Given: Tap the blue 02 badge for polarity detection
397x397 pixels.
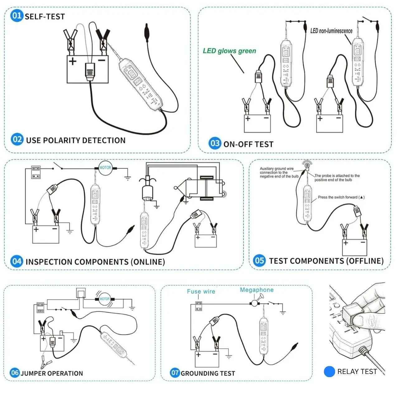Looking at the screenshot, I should [x=17, y=139].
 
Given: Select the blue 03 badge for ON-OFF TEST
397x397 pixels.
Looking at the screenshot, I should [x=215, y=143].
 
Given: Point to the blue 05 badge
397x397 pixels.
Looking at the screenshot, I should [x=259, y=260].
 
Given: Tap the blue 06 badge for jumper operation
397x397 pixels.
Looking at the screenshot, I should [x=15, y=372].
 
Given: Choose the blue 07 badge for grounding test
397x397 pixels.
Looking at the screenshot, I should [x=175, y=372].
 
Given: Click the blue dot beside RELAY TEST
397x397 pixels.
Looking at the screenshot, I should [x=329, y=371].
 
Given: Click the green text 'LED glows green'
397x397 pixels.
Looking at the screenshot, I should [x=229, y=51].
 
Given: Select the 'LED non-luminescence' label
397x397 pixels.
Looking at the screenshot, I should [x=331, y=31].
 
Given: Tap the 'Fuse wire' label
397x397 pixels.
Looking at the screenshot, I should [x=201, y=291].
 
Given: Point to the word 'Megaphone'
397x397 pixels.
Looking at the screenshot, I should [x=257, y=290].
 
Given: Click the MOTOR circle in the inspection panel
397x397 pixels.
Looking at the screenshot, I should [x=105, y=168].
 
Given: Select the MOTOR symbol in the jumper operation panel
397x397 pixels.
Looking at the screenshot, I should [x=104, y=299].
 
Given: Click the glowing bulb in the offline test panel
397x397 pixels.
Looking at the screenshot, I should [x=307, y=164].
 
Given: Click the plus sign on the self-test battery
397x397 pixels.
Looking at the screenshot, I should [x=73, y=61].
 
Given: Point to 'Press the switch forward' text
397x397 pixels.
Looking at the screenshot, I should [x=341, y=197].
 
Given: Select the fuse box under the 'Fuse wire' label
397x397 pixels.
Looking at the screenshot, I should [x=198, y=306].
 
